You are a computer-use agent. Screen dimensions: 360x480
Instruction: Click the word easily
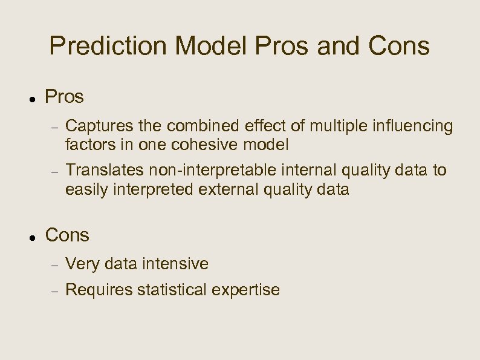point(84,190)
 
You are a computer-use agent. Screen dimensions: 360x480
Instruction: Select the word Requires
point(99,290)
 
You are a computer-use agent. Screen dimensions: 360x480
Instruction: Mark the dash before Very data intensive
point(54,264)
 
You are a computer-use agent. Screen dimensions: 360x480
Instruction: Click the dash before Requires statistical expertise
point(54,290)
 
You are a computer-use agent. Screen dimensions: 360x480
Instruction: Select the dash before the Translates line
point(54,171)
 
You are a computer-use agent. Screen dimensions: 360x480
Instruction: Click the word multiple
point(339,126)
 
